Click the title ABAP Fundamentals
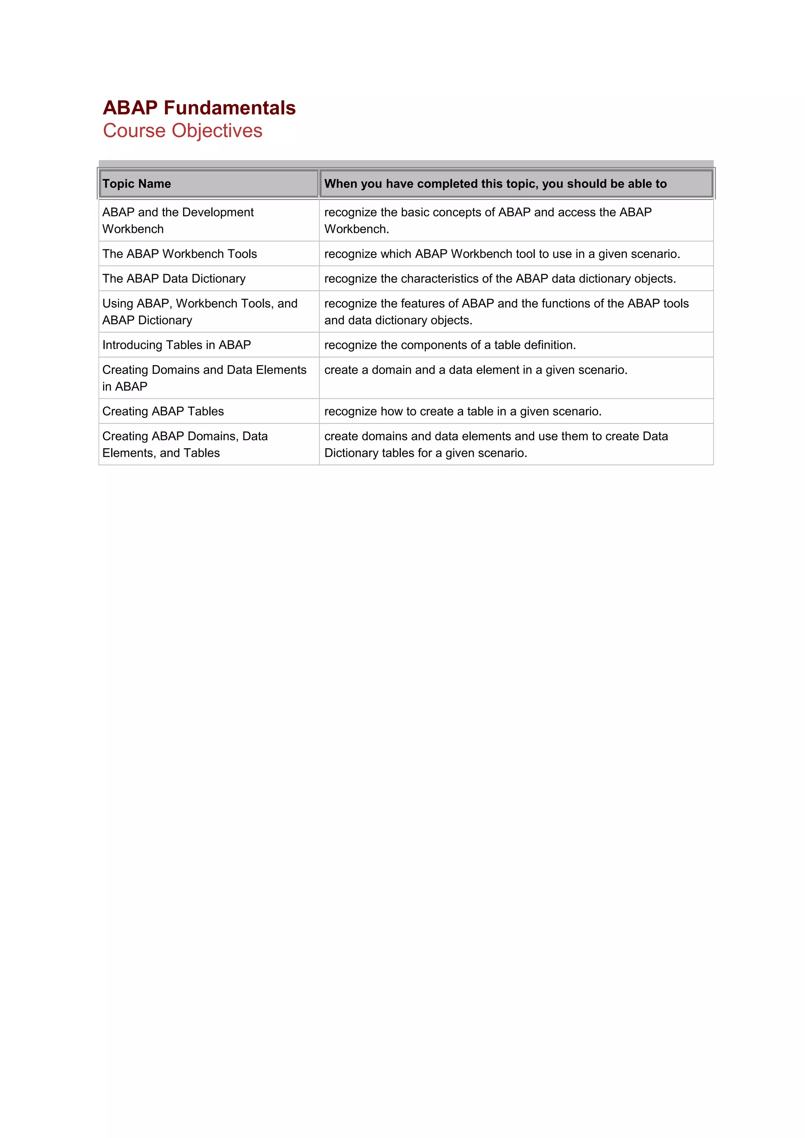(199, 108)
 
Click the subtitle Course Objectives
(182, 131)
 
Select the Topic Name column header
(136, 184)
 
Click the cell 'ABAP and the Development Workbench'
(178, 221)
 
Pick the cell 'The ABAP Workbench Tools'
(180, 254)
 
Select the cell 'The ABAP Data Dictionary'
(174, 278)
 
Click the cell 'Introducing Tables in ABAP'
(176, 345)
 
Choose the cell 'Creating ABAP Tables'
(163, 412)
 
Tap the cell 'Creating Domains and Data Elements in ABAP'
(204, 378)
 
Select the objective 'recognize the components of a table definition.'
(450, 345)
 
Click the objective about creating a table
(463, 412)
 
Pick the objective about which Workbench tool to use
(502, 254)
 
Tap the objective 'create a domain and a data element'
(476, 370)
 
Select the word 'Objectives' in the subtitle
(217, 131)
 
